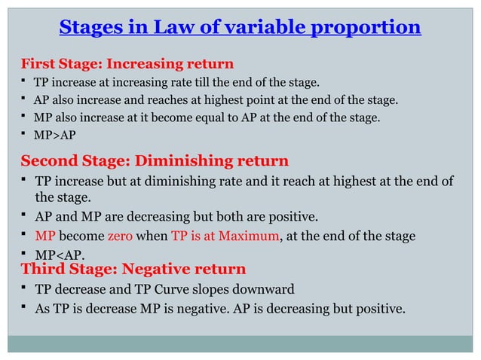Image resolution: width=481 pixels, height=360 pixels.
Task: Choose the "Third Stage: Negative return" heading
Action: [x=133, y=269]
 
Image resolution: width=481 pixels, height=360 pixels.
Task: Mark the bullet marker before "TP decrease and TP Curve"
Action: [x=25, y=289]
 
